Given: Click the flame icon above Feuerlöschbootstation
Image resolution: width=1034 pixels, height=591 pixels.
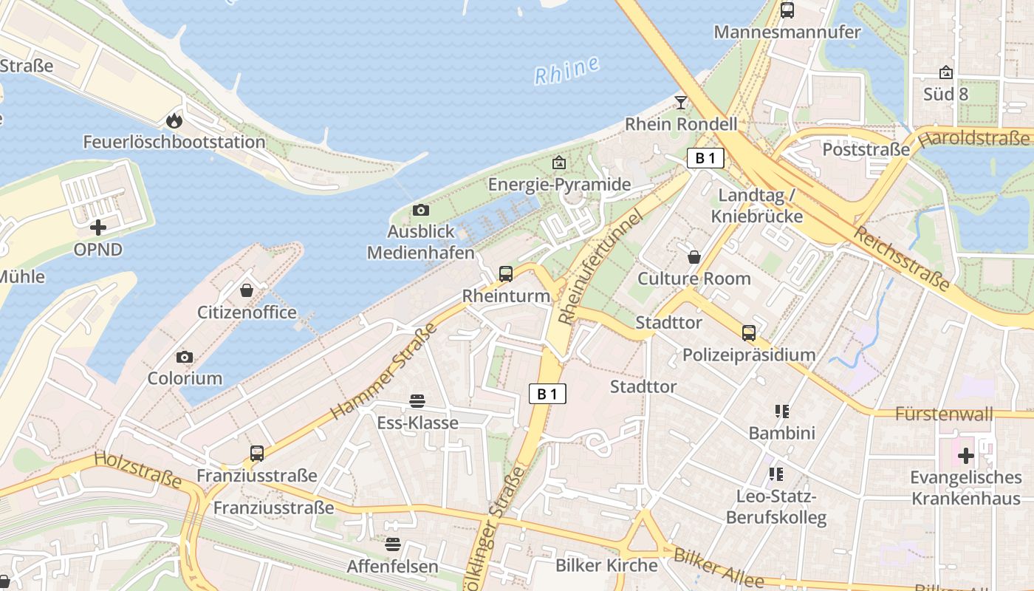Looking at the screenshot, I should [x=174, y=120].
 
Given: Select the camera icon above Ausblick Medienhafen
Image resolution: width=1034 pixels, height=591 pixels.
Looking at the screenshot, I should [x=421, y=211].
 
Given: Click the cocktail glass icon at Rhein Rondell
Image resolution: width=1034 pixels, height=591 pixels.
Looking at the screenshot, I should [x=681, y=102].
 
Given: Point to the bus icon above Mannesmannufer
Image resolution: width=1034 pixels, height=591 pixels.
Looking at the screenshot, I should [x=787, y=10].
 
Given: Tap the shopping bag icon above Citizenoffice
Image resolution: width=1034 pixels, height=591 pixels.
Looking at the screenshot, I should [x=247, y=290].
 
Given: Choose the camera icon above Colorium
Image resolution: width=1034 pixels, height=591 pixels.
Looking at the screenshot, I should [x=185, y=358].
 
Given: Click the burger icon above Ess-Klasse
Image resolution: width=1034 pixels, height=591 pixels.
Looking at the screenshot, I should [x=417, y=401].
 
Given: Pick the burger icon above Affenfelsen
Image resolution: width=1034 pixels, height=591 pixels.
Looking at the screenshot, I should [x=393, y=544].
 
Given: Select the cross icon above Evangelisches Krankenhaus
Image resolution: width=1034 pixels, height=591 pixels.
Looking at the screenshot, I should [x=965, y=456].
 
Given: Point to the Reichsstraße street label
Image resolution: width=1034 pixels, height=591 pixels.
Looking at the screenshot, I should [x=902, y=258].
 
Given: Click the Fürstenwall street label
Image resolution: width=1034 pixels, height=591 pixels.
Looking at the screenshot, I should [x=944, y=414].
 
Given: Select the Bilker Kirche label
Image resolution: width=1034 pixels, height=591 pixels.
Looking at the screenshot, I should [x=606, y=566].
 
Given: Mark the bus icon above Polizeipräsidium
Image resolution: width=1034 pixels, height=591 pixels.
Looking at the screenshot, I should [x=749, y=332].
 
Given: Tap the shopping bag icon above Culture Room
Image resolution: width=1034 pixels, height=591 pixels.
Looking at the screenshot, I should [x=694, y=257].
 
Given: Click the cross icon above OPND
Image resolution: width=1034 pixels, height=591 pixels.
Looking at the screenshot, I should [x=97, y=228].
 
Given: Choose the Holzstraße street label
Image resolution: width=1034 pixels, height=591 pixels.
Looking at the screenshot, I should [x=138, y=471].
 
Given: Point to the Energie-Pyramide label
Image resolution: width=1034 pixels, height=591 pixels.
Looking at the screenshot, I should [x=559, y=184].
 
